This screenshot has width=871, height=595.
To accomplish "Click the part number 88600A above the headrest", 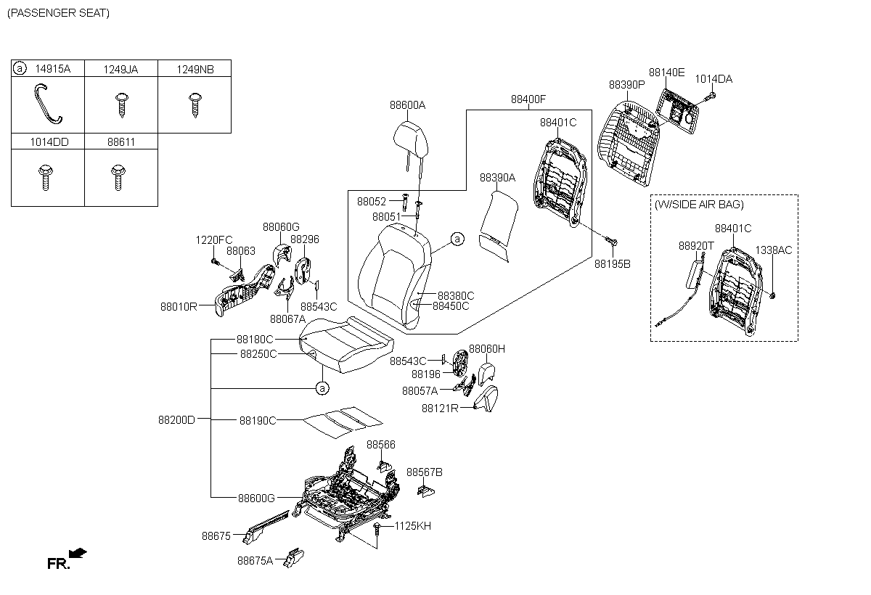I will coord(407,105).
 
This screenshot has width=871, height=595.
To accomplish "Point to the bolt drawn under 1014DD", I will coord(44,176).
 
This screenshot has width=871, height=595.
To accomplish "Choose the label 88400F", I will coord(528,99).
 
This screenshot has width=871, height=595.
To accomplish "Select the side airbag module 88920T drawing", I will coord(693,279).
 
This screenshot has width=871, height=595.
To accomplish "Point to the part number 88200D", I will coord(177,419).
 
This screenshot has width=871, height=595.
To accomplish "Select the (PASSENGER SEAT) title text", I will coord(58,13).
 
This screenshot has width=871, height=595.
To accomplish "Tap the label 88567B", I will coord(424,472).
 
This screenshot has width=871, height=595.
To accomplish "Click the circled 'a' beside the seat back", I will coord(457,239).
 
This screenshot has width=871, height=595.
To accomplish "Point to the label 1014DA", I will coord(713,79).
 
